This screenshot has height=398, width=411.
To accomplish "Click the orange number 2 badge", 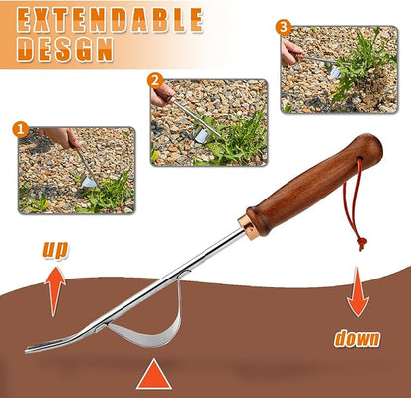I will click(154, 80).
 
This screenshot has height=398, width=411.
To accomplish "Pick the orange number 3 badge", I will click(284, 26).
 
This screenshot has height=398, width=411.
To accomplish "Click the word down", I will click(356, 338).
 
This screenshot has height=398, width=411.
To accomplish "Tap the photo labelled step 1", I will click(76, 169).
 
